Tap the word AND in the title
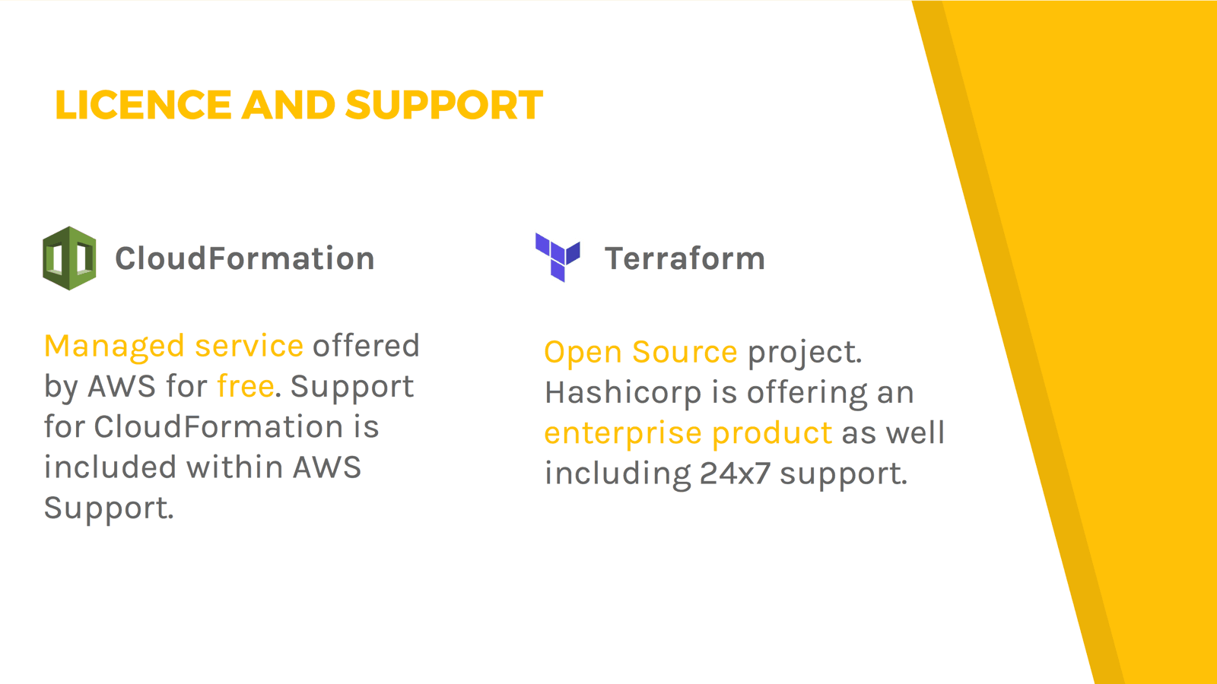pyautogui.click(x=288, y=105)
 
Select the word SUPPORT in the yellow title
pyautogui.click(x=444, y=105)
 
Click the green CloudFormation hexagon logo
pyautogui.click(x=69, y=258)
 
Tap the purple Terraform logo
pyautogui.click(x=558, y=258)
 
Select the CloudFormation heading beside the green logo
pyautogui.click(x=245, y=258)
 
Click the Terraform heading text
pyautogui.click(x=685, y=258)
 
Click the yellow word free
pyautogui.click(x=246, y=386)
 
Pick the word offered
pyautogui.click(x=366, y=345)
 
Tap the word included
pyautogui.click(x=110, y=467)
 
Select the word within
pyautogui.click(x=235, y=467)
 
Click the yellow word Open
pyautogui.click(x=583, y=353)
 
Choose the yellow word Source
pyautogui.click(x=685, y=352)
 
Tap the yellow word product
pyautogui.click(x=772, y=434)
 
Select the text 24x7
pyautogui.click(x=735, y=473)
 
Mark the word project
pyautogui.click(x=805, y=353)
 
